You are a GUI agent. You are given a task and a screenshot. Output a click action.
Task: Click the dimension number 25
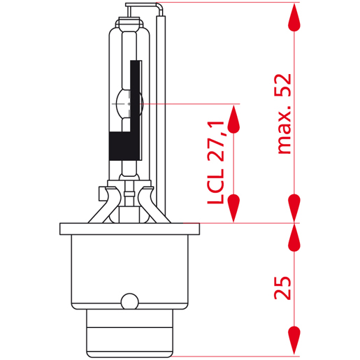tap(283, 287)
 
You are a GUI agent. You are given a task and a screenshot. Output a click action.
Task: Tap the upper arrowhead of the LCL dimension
tap(236, 119)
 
